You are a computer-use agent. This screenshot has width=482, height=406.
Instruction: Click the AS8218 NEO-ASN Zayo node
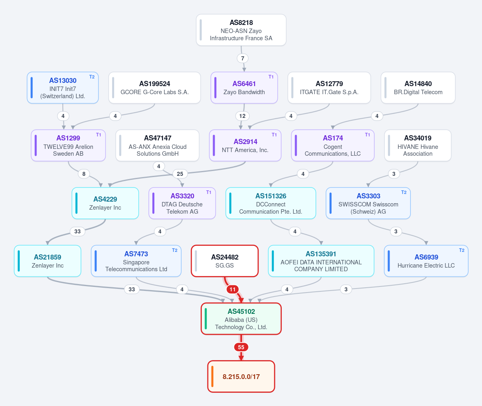(x=241, y=30)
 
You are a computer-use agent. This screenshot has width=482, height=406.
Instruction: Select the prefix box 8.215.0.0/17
(x=241, y=377)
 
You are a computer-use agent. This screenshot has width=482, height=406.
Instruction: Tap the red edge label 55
(x=241, y=347)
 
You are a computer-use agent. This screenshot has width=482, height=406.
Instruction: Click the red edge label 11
(x=233, y=289)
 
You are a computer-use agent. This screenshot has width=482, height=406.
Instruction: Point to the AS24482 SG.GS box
(x=225, y=261)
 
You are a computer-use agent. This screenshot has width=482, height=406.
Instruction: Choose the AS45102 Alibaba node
(x=241, y=319)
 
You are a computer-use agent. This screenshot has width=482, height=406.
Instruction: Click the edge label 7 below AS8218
(x=242, y=58)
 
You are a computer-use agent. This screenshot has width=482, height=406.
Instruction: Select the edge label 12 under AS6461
(x=242, y=116)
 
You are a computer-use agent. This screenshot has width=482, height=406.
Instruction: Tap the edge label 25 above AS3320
(x=180, y=174)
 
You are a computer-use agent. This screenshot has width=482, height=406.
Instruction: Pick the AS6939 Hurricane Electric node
(x=426, y=261)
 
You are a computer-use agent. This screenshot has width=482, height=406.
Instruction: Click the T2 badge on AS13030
(x=92, y=77)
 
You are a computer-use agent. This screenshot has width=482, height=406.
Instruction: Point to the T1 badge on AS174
(x=367, y=135)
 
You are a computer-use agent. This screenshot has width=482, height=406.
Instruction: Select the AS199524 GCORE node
(x=155, y=88)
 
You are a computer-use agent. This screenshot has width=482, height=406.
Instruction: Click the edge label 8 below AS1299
(x=84, y=174)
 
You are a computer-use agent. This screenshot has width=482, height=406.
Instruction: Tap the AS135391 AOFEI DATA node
(x=321, y=261)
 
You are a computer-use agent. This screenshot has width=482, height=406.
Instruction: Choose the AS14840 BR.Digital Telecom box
(x=418, y=88)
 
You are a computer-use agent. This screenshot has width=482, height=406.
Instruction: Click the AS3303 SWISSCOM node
(x=368, y=203)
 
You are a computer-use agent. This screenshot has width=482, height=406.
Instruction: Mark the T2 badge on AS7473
(x=174, y=250)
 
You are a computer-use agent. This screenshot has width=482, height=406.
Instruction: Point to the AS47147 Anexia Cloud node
(x=158, y=146)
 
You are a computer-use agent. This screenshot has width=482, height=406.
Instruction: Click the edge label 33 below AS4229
(x=78, y=231)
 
